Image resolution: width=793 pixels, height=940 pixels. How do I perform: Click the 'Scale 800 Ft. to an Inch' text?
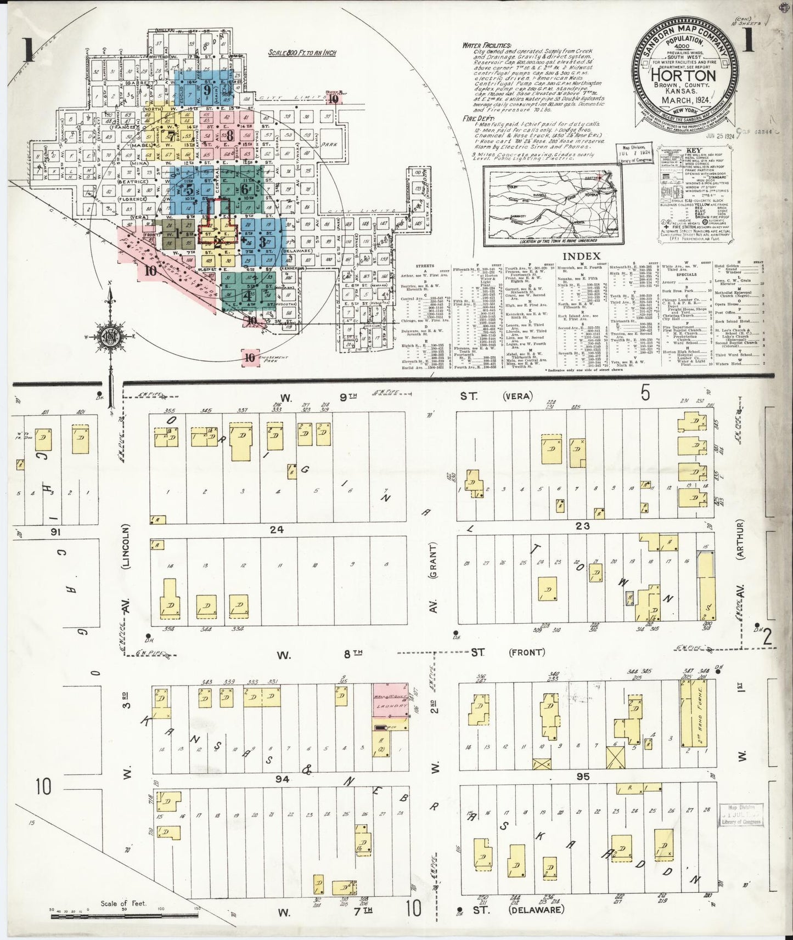tap(302, 53)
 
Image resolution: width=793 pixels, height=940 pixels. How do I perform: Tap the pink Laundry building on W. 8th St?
tap(391, 700)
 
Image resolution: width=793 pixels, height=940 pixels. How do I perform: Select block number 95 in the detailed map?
tap(582, 777)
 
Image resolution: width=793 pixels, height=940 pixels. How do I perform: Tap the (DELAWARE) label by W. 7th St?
tap(536, 909)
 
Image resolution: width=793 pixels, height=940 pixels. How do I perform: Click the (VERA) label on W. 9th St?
tap(514, 395)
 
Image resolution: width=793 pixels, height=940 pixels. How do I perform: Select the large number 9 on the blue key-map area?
tap(207, 90)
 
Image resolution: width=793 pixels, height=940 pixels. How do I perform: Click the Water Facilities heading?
tap(486, 46)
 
